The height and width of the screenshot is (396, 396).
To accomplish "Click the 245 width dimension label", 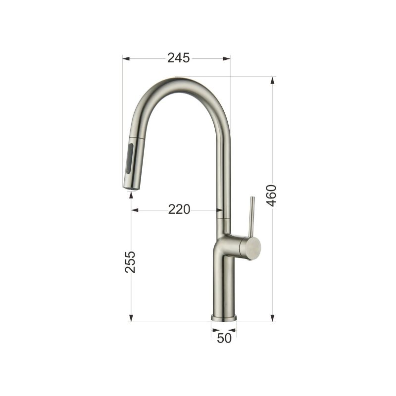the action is pyautogui.click(x=179, y=58).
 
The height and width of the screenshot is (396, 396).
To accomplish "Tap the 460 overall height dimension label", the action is pyautogui.click(x=272, y=196).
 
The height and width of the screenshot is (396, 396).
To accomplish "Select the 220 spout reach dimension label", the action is pyautogui.click(x=179, y=209).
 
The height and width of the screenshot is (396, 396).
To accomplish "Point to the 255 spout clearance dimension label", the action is pyautogui.click(x=130, y=262).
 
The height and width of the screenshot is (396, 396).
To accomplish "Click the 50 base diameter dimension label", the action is pyautogui.click(x=224, y=338).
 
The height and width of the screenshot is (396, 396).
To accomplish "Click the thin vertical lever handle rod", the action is pyautogui.click(x=251, y=216).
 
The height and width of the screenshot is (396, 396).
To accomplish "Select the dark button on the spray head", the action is pyautogui.click(x=130, y=158).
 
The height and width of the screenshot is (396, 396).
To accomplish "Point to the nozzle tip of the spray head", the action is pyautogui.click(x=131, y=188).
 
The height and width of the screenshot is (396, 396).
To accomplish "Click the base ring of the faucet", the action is pyautogui.click(x=224, y=318).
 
